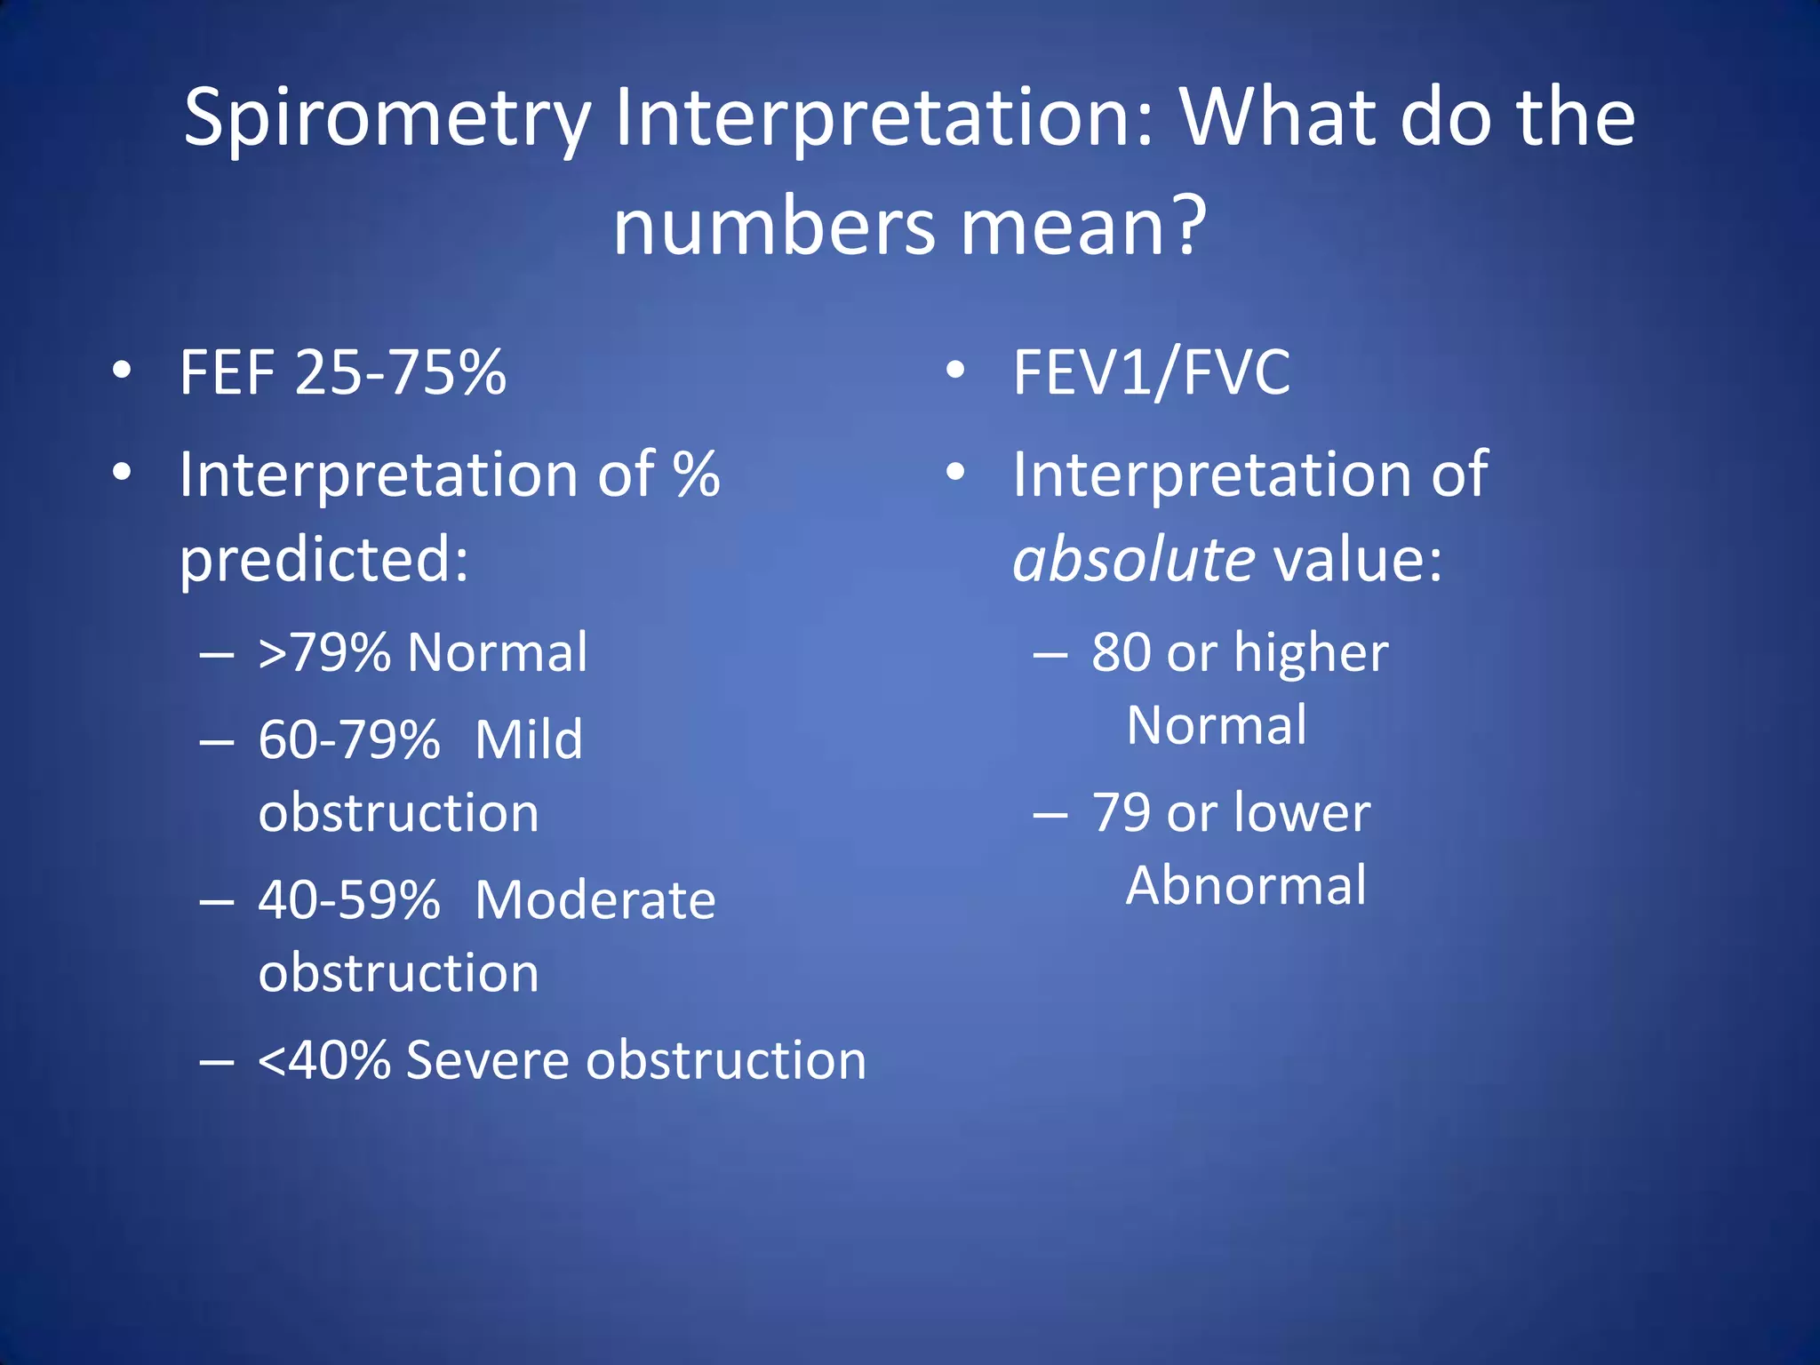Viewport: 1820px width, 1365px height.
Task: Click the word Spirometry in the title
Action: [x=387, y=120]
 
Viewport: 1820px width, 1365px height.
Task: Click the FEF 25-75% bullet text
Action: [x=343, y=372]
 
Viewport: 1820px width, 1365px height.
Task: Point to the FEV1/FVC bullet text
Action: [x=1152, y=372]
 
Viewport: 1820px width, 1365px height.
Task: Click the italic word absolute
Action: [x=1134, y=561]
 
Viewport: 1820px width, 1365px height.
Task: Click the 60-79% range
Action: [x=349, y=739]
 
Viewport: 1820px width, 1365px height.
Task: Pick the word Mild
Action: [x=529, y=739]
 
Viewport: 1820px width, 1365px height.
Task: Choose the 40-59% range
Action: [x=349, y=900]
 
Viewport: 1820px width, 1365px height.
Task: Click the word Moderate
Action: [x=595, y=900]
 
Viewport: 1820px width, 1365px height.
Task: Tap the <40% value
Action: [x=324, y=1060]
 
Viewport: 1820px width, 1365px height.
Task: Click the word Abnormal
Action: [x=1246, y=886]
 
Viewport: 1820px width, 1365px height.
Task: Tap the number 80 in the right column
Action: [x=1122, y=653]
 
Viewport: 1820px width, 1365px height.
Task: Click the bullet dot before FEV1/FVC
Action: [x=955, y=371]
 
